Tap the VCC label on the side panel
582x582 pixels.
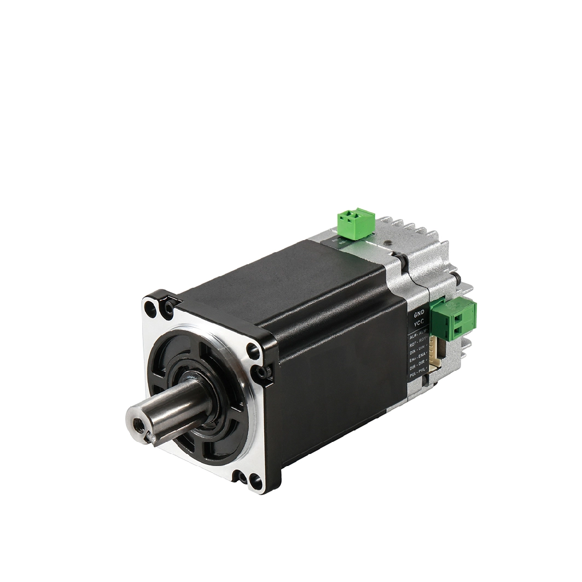[x=419, y=324]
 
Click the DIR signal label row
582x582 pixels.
[x=418, y=370]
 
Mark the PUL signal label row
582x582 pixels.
[x=418, y=379]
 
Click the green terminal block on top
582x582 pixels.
[x=356, y=223]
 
